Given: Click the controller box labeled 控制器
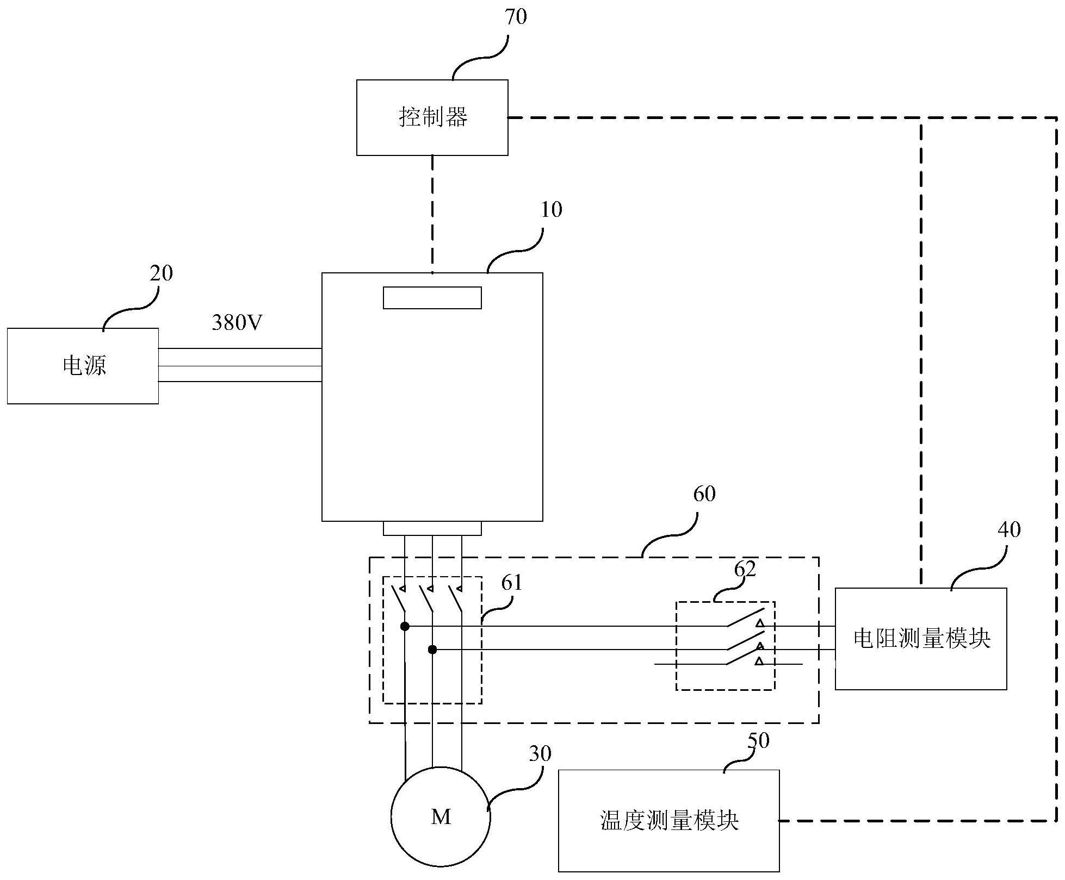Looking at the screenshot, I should pos(432,117).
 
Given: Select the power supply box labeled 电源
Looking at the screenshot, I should pos(83,366).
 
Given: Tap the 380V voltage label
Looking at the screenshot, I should pos(237,323).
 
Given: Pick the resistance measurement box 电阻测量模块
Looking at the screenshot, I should pos(921,639).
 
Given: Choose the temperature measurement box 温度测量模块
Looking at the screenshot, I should pos(668,821).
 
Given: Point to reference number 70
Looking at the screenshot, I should pos(516,17).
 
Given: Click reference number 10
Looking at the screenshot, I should pos(552,210).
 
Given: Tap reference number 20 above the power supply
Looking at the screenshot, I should pos(161,273).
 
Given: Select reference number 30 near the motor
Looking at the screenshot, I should pos(540,753).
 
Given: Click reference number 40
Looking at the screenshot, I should pos(1009,529).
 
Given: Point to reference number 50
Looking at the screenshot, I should pos(758,741).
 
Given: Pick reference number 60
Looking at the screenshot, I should pos(704,494).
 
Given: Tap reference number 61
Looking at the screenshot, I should pos(512,583).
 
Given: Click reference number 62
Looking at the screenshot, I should pos(745,569).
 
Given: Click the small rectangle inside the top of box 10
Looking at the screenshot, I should pos(432,298).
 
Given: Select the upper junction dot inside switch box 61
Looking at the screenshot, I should pos(405,627).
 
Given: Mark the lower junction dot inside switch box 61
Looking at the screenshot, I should pos(432,650).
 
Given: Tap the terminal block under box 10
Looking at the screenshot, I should pos(432,528).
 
